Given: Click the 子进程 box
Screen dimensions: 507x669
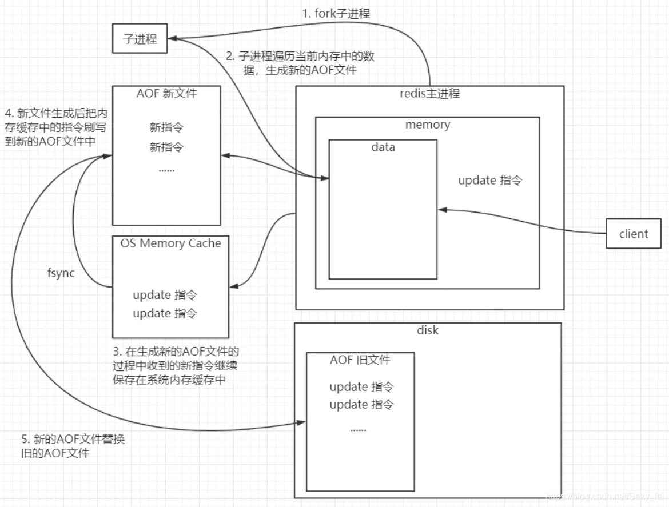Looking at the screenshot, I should (140, 39).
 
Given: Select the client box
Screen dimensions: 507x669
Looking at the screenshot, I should (634, 234).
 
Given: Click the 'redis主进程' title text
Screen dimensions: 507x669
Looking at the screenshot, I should (429, 94).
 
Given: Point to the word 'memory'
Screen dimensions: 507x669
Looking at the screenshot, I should (428, 125).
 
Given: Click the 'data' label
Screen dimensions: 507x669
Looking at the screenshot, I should (383, 147).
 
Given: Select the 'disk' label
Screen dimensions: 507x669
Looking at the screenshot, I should (428, 330).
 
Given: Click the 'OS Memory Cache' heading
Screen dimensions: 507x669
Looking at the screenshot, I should (170, 243).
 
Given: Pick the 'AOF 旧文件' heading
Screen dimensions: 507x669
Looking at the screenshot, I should (360, 360).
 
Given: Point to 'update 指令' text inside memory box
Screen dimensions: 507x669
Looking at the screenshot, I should (490, 181).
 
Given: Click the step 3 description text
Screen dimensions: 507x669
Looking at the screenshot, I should (177, 365).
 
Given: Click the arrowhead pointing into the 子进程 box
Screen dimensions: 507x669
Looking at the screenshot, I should (172, 38).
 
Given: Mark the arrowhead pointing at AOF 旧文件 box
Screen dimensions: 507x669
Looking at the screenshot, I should (302, 423).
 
